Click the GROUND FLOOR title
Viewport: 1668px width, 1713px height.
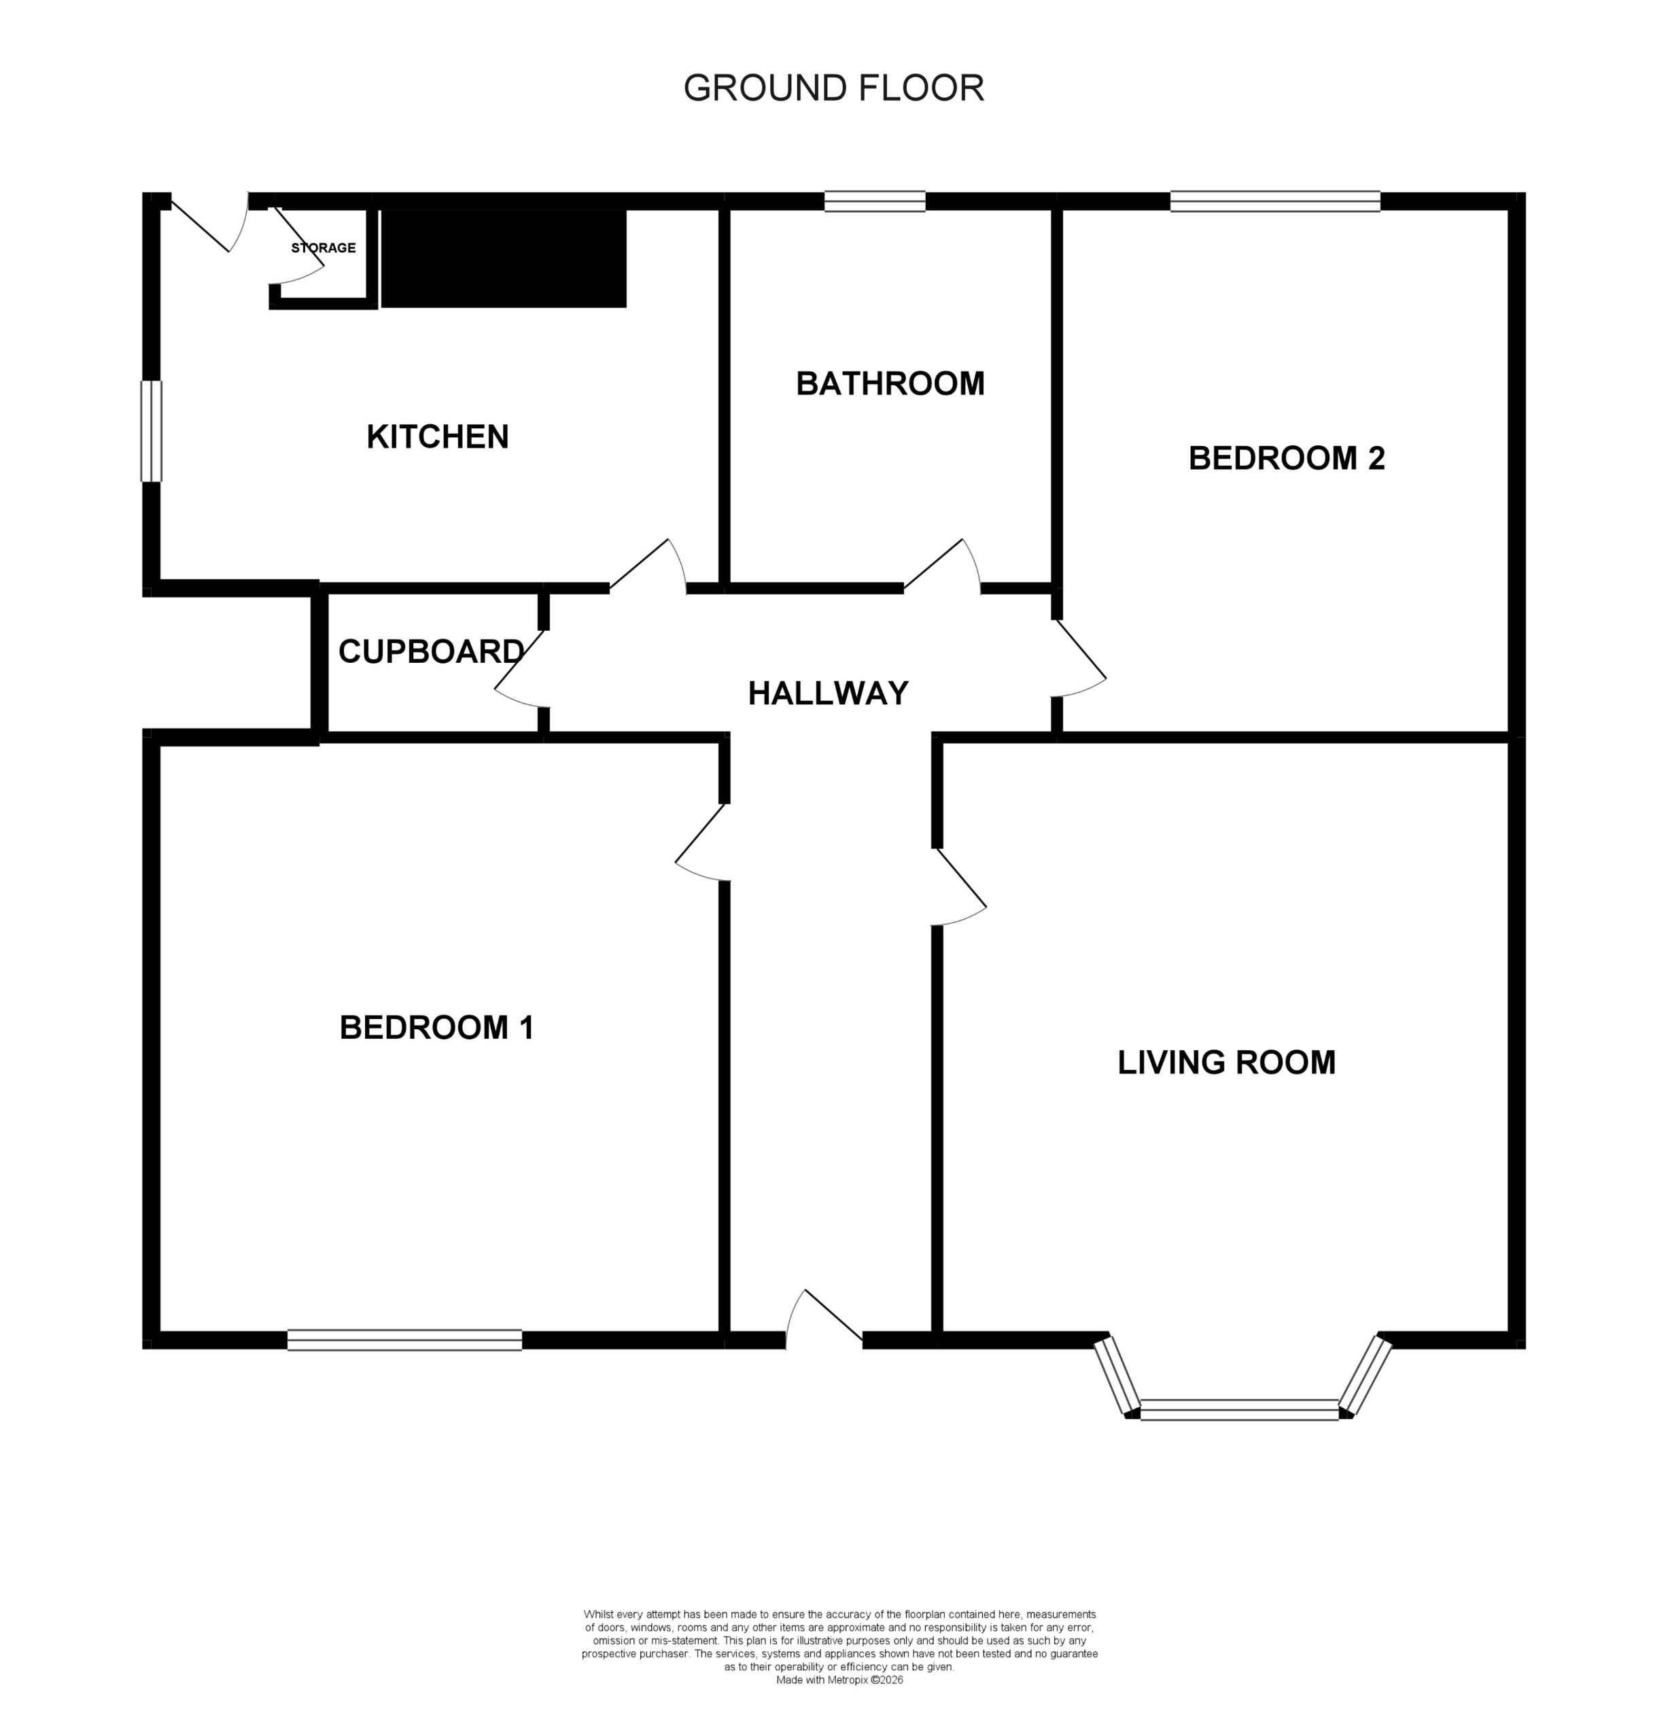click(833, 88)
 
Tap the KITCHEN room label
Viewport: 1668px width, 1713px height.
click(437, 436)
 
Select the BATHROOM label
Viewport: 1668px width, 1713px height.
click(889, 384)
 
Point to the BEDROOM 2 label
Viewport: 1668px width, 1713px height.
click(1286, 458)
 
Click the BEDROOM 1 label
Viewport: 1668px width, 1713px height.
click(436, 1027)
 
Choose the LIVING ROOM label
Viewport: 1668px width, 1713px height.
click(1226, 1062)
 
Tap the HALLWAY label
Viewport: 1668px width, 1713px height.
click(828, 693)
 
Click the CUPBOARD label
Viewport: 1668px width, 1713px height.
click(431, 651)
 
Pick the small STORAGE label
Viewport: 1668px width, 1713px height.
click(324, 248)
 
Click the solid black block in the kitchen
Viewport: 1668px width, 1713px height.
click(504, 258)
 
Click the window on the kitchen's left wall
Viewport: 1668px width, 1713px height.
click(152, 431)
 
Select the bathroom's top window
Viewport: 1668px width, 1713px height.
click(874, 201)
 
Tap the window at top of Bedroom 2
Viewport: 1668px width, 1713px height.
click(1274, 201)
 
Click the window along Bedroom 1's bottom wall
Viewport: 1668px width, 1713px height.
click(404, 1340)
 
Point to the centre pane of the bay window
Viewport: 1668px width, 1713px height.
click(1238, 1410)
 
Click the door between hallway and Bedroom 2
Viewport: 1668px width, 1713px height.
click(1079, 659)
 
